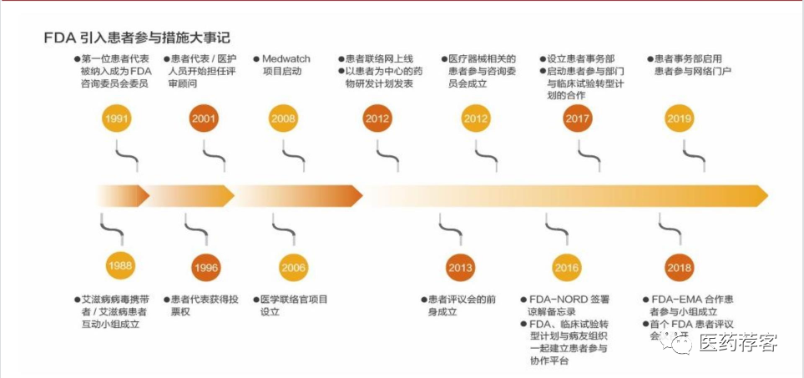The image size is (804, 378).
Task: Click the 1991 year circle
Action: [117, 118]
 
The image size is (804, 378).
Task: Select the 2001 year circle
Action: [204, 118]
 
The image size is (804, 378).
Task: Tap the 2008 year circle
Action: [283, 118]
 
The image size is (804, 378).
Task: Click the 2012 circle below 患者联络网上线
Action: [377, 118]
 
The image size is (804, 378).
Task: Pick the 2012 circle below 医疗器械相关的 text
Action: [476, 118]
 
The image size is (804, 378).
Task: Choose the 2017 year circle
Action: [577, 118]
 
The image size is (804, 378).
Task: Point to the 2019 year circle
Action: [679, 118]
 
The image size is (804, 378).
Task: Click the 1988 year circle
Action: [120, 267]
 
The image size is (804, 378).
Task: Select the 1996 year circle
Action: [205, 269]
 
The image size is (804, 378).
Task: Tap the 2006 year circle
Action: [293, 268]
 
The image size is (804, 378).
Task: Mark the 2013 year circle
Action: [460, 268]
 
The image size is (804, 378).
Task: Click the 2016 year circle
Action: [566, 268]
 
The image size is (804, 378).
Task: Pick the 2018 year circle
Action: [679, 268]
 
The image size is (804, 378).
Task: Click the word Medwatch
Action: [285, 59]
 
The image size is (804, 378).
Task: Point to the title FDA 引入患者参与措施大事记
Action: [137, 38]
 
